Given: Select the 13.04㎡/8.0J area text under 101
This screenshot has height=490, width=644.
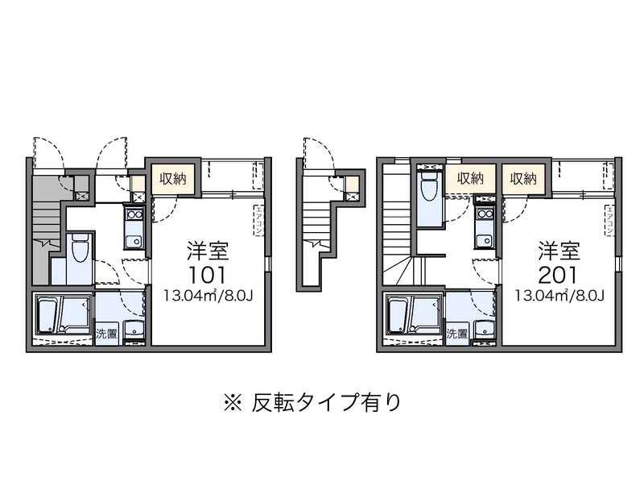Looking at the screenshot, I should point(208,295).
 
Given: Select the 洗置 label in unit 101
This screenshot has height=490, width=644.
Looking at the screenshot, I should point(106,333).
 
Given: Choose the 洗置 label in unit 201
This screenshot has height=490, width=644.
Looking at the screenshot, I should point(456,333).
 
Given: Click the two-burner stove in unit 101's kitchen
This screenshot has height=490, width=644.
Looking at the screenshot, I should point(134,215).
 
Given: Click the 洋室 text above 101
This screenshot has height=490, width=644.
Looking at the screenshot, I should point(208,248).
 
